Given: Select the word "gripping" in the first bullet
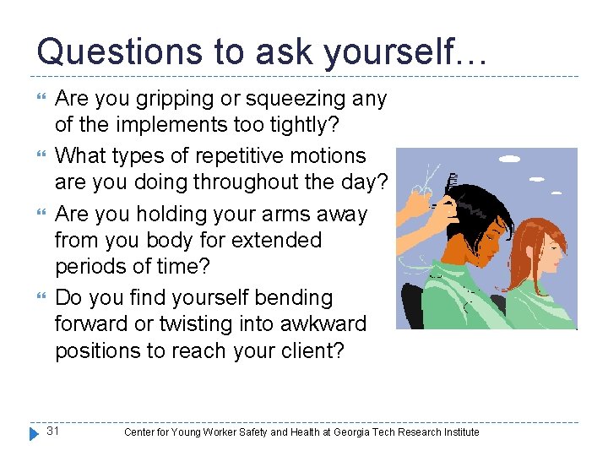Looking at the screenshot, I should [165, 100].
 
